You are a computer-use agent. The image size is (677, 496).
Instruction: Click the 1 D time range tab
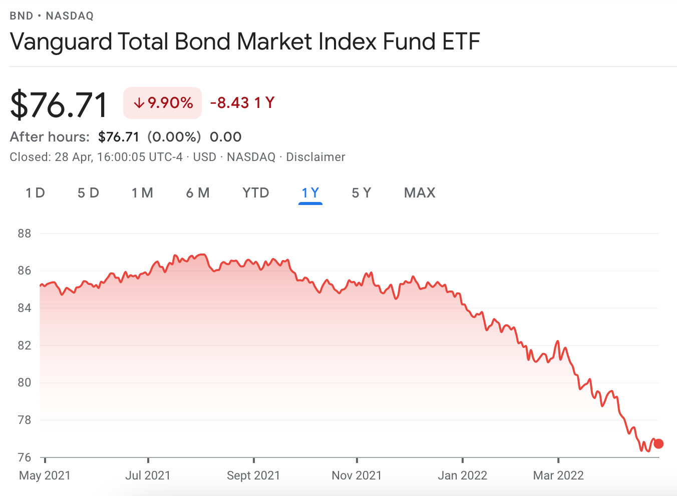coord(35,193)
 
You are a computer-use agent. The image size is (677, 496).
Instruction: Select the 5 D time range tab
coord(88,193)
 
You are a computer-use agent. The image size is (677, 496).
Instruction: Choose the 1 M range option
coord(142,193)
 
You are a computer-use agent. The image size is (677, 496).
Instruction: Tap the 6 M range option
coord(198,193)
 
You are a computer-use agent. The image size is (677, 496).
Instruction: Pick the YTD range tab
coord(255,193)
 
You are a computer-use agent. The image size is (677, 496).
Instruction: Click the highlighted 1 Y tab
coord(310,193)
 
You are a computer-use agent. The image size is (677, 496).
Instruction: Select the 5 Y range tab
coord(362,193)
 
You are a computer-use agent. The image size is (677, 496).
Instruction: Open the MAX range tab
coord(420,193)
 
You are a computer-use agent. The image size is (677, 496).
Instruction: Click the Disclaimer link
coord(315,157)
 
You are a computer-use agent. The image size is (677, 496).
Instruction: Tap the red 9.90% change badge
coord(163,103)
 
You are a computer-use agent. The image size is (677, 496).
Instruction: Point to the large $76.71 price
coord(59,105)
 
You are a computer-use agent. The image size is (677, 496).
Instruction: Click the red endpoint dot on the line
coord(658,443)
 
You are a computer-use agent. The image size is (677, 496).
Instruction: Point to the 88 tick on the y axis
coord(24,233)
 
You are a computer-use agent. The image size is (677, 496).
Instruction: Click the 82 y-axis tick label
coord(24,345)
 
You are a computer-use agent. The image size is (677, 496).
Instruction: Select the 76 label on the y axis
coord(24,457)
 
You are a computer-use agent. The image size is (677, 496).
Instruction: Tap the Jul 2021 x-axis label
coord(148,475)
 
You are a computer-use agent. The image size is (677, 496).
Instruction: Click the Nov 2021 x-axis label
coord(357,475)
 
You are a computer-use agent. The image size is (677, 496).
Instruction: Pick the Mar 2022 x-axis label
coord(558,475)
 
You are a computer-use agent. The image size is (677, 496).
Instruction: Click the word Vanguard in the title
coord(61,41)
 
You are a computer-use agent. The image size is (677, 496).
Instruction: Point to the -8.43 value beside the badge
coord(230,103)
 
